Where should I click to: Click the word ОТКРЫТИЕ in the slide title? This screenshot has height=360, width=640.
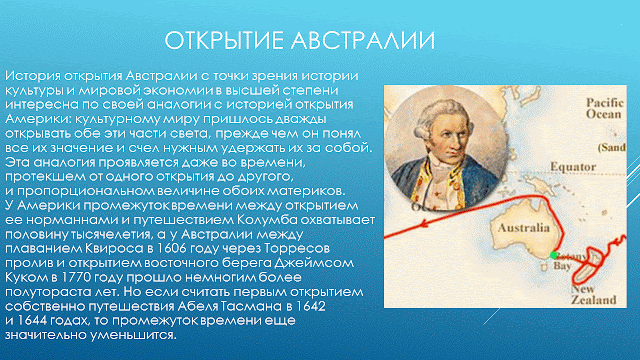point(223,42)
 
